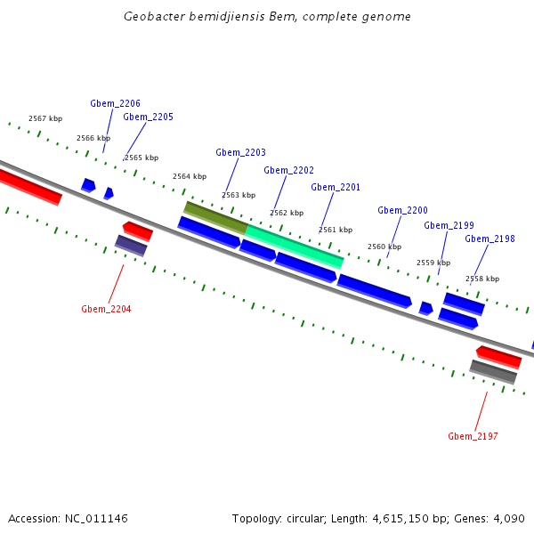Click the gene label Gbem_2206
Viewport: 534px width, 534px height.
(x=115, y=103)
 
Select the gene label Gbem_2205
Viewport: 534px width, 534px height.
(x=148, y=117)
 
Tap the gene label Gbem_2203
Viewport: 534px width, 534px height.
(x=240, y=152)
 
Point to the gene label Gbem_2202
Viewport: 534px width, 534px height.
(x=288, y=170)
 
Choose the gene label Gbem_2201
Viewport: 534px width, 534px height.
(x=336, y=187)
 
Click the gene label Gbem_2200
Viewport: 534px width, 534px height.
(x=402, y=210)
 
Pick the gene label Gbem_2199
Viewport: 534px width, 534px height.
(x=449, y=225)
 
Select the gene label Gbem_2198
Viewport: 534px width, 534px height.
(x=489, y=239)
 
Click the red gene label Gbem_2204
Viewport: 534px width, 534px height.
(x=106, y=309)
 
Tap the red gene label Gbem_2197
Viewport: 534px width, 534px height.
(x=473, y=436)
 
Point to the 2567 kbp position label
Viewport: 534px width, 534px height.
(x=45, y=118)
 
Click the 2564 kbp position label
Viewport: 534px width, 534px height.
(x=190, y=176)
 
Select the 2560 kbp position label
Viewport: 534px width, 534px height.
(x=384, y=247)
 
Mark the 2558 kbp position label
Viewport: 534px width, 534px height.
(x=482, y=279)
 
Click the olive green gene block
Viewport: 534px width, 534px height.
(x=215, y=217)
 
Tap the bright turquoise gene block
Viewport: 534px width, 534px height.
(x=295, y=246)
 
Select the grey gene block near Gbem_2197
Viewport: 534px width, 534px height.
(x=493, y=371)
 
